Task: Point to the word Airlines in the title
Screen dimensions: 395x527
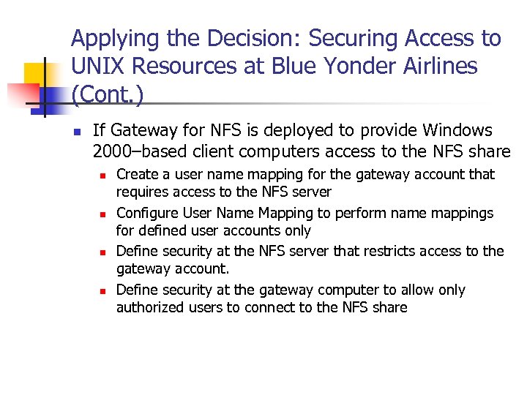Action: [438, 67]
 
